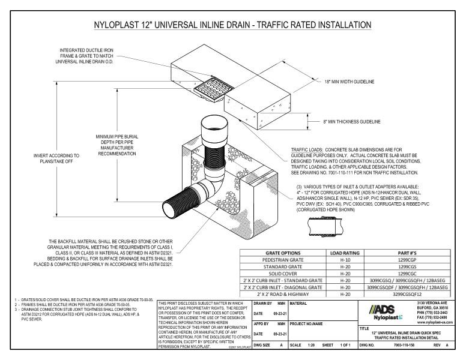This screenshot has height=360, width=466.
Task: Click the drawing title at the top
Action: (232, 25)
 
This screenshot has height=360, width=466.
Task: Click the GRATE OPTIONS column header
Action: (282, 253)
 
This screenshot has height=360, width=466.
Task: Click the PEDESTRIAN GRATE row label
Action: (282, 262)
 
